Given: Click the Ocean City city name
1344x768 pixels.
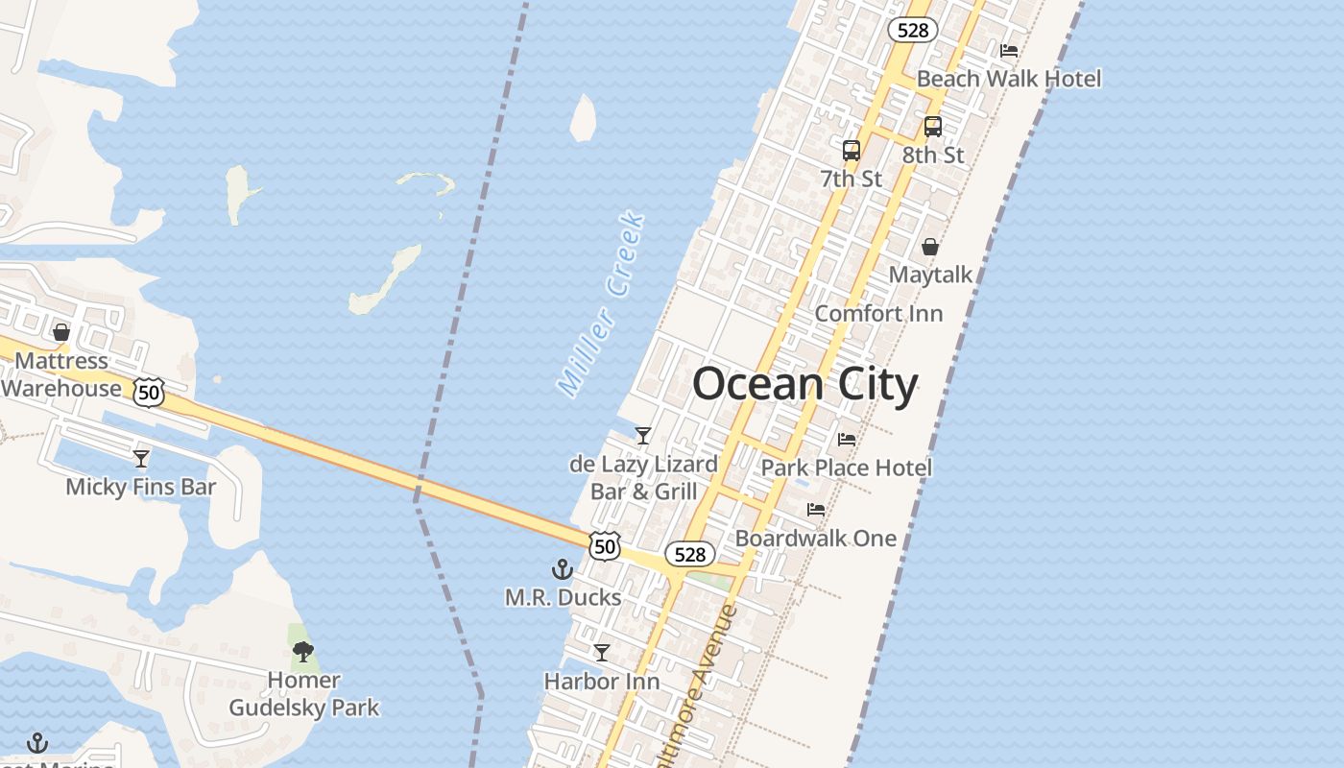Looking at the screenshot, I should pyautogui.click(x=804, y=385).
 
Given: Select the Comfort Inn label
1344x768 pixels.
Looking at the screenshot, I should pyautogui.click(x=878, y=314).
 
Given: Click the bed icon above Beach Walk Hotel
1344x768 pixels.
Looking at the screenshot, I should pyautogui.click(x=1009, y=51).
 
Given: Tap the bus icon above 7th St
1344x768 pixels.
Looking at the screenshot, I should pyautogui.click(x=852, y=151).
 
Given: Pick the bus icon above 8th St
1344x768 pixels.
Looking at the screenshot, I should pyautogui.click(x=933, y=127).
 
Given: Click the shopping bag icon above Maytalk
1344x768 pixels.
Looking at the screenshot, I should pyautogui.click(x=930, y=248).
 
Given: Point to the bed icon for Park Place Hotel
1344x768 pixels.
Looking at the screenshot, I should pyautogui.click(x=846, y=440).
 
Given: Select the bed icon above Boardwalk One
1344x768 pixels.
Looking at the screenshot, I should pyautogui.click(x=816, y=510).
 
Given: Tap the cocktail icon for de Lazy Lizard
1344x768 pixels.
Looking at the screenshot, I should pyautogui.click(x=643, y=436).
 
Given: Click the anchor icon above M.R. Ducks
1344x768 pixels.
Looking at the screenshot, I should pyautogui.click(x=563, y=569).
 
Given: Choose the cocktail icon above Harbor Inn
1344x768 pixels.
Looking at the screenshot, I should pyautogui.click(x=602, y=653).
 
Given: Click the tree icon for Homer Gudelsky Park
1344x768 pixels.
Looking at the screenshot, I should pyautogui.click(x=303, y=652).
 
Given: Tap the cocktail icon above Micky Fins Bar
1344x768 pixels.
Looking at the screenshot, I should pyautogui.click(x=141, y=458).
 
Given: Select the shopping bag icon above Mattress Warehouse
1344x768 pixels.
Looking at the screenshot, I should pyautogui.click(x=61, y=333).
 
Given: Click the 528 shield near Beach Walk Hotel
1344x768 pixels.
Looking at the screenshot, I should pyautogui.click(x=912, y=30).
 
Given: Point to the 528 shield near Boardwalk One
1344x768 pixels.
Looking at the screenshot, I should pyautogui.click(x=689, y=554).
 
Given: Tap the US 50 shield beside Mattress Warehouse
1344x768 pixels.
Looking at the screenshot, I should pyautogui.click(x=149, y=393).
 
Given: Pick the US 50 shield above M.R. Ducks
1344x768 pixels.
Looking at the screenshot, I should pyautogui.click(x=605, y=545).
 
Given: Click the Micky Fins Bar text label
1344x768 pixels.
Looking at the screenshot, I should pyautogui.click(x=141, y=487).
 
